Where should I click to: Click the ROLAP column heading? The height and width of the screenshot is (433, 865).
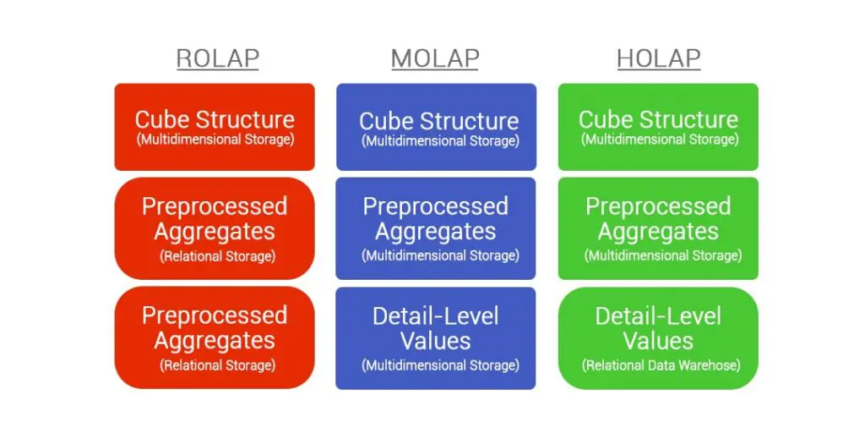tap(217, 58)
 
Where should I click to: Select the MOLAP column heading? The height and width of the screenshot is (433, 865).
tap(435, 58)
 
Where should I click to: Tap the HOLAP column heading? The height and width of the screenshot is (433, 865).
tap(658, 58)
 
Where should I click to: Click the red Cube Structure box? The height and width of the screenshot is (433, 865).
tap(215, 126)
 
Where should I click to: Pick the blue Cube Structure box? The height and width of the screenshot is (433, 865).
tap(436, 127)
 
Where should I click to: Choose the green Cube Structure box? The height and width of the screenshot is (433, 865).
tap(658, 126)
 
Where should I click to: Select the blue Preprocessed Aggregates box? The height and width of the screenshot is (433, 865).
tap(436, 227)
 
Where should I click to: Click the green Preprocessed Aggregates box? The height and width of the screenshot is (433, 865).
tap(658, 227)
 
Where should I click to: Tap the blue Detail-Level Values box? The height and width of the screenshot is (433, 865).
tap(436, 337)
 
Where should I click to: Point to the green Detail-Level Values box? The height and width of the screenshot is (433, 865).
tap(658, 337)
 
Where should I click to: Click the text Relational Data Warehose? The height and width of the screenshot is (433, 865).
tap(660, 365)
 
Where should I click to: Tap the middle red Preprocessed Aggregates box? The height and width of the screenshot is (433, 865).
tap(215, 227)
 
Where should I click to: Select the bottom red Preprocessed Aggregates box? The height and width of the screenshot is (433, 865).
tap(215, 337)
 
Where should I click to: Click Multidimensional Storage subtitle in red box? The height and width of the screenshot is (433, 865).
tap(215, 140)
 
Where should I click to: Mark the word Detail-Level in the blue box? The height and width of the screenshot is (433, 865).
tap(436, 316)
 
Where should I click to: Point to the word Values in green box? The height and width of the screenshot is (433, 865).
tap(658, 341)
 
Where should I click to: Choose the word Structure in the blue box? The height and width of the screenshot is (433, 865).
tap(469, 121)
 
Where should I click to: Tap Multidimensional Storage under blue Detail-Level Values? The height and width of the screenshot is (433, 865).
tap(440, 365)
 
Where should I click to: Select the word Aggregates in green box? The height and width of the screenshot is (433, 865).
tap(658, 231)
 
